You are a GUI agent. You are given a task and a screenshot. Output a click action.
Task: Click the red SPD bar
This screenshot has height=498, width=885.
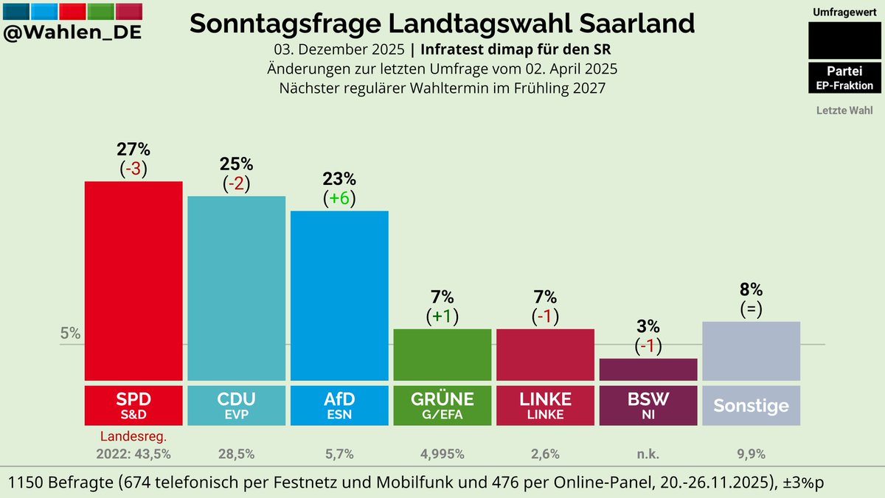[133, 280]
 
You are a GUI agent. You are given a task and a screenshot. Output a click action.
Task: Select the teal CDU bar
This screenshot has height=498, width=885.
[236, 287]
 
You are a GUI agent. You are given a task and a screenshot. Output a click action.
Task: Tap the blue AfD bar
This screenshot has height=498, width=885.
[339, 295]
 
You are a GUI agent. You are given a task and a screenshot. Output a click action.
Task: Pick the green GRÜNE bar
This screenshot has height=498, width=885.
[442, 354]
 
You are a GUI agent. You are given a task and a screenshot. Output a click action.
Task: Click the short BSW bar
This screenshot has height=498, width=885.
[648, 370]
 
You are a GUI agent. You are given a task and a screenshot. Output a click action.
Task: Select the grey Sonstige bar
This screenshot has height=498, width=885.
[751, 351]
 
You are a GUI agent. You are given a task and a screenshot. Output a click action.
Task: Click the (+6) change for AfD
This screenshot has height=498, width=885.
[339, 198]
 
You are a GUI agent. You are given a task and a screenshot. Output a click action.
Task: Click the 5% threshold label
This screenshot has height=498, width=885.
[70, 333]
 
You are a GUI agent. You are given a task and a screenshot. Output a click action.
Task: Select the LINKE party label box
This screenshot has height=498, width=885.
[545, 405]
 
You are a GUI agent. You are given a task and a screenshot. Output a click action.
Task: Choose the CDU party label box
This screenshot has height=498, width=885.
[236, 405]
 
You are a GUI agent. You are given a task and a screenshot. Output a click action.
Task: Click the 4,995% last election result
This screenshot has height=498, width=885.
[442, 454]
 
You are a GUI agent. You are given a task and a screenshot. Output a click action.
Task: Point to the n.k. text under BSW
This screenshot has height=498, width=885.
[648, 454]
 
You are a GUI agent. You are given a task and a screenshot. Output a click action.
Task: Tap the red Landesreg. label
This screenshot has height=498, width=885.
[133, 437]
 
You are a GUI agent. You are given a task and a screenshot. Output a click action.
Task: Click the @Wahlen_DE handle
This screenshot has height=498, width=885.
[72, 33]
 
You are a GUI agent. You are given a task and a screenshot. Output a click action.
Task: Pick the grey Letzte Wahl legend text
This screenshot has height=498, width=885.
[844, 111]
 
